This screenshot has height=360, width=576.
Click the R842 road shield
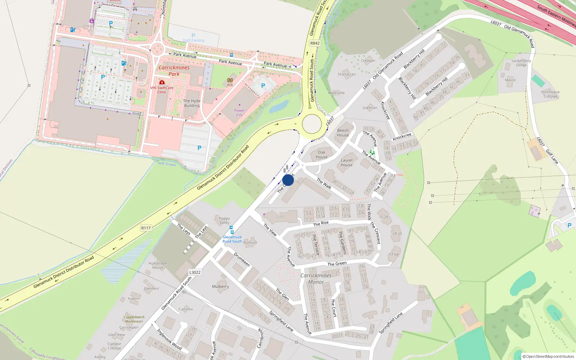click(x=315, y=43)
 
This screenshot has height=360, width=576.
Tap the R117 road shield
click(x=146, y=228)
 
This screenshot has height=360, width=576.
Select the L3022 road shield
click(x=195, y=272)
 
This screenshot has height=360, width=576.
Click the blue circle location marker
click(x=288, y=180)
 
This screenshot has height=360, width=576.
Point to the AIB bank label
click(x=230, y=85)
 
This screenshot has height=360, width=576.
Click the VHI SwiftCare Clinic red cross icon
click(x=162, y=82)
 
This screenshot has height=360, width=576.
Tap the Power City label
click(x=239, y=113)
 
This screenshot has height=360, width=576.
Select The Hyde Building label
click(x=192, y=103)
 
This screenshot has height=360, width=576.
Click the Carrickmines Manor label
click(x=316, y=279)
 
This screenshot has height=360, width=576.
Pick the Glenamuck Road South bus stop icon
click(x=231, y=228)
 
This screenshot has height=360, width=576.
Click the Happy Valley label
click(x=224, y=220)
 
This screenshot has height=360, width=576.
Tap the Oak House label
click(x=321, y=154)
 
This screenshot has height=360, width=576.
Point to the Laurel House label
click(x=346, y=162)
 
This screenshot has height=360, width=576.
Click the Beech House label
click(x=343, y=132)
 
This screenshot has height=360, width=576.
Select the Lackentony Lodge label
click(x=521, y=63)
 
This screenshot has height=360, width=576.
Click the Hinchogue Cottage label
click(x=550, y=94)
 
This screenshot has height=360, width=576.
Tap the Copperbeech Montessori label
click(x=134, y=319)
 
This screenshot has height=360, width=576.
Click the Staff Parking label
click(x=193, y=40)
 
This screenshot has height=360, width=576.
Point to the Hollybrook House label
click(x=158, y=265)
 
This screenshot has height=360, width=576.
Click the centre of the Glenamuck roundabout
click(x=312, y=124)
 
